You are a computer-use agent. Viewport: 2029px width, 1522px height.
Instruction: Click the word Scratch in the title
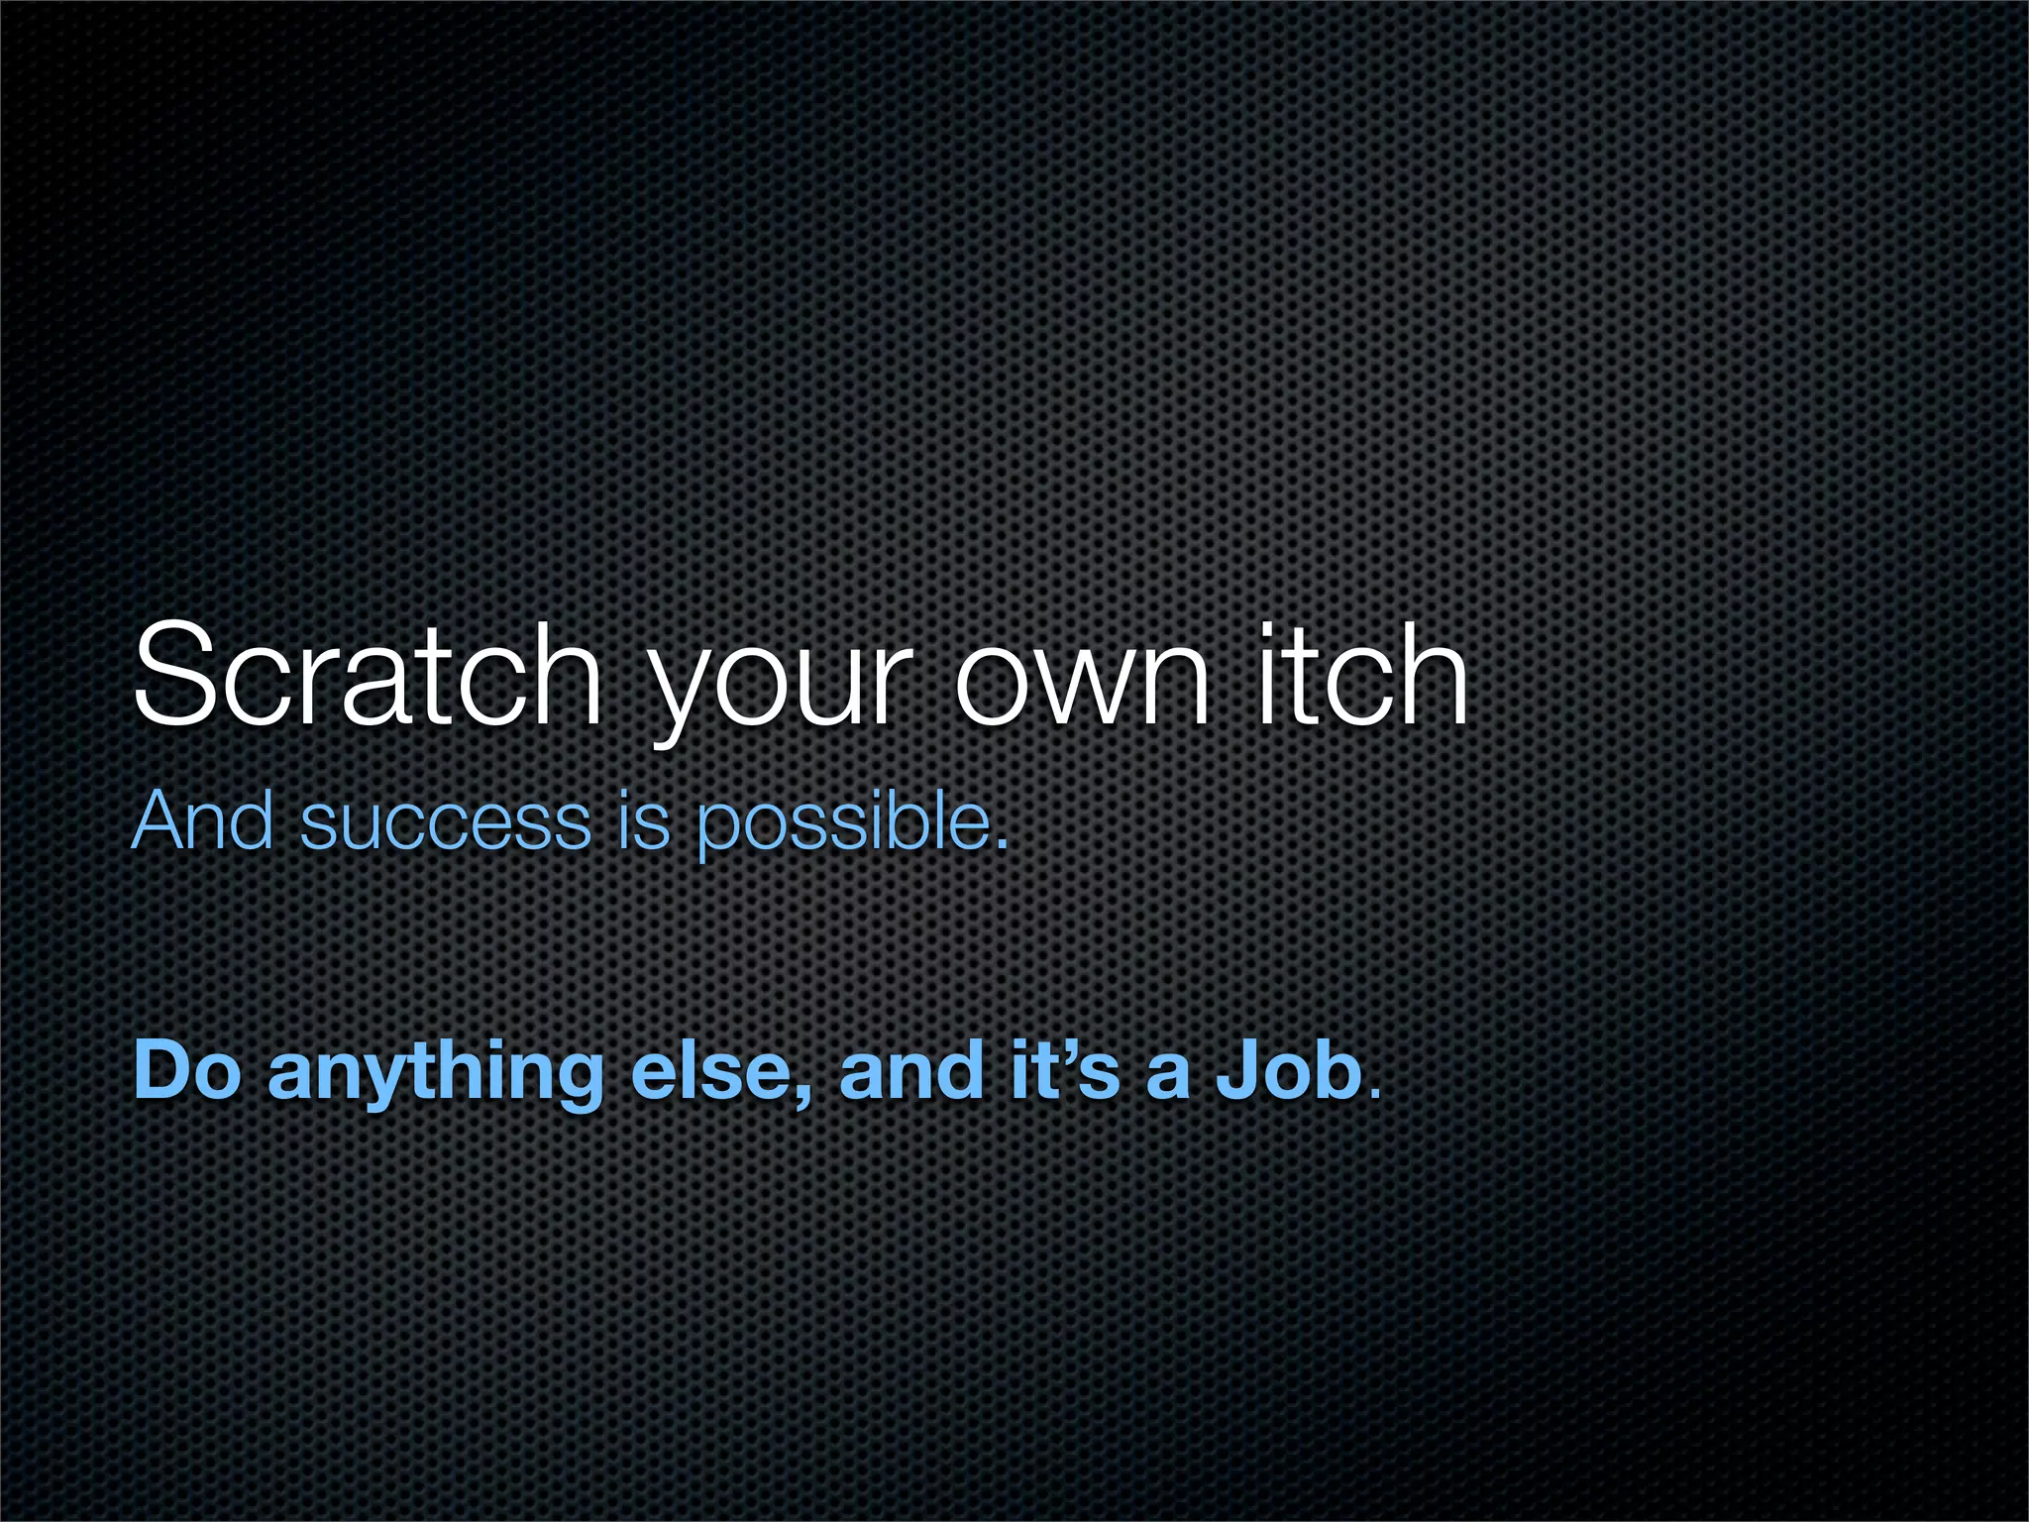pyautogui.click(x=368, y=676)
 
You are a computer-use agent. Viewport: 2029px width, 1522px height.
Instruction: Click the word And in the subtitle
pyautogui.click(x=203, y=821)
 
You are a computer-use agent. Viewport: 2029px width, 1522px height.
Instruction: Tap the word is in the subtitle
pyautogui.click(x=643, y=821)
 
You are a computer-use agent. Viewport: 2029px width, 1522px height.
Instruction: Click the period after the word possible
pyautogui.click(x=1002, y=844)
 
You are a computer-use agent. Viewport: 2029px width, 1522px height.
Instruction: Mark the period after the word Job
pyautogui.click(x=1372, y=1094)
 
